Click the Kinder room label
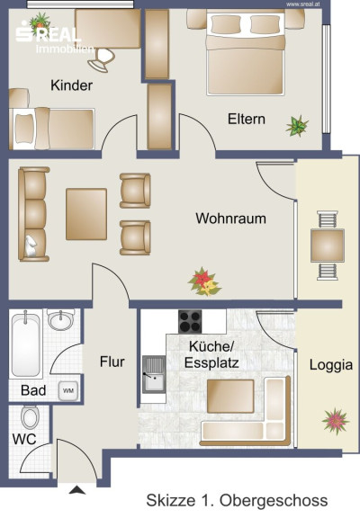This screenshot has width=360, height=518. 71,85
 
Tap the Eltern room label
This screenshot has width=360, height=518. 247,119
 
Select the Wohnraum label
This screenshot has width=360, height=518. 230,219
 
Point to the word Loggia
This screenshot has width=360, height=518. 331,366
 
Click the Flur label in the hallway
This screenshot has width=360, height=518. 112,362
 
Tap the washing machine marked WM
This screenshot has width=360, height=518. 68,391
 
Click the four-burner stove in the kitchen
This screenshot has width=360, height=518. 190,321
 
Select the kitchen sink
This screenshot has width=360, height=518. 154,374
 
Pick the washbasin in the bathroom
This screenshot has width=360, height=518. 60,320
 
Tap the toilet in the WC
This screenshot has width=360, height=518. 30,417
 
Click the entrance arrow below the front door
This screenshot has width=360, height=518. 77,490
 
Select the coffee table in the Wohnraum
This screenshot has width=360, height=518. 86,214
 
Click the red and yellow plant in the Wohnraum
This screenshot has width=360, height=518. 204,281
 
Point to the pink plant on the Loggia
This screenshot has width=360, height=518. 336,422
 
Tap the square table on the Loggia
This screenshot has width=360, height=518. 328,246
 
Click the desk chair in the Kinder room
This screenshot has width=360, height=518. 102,59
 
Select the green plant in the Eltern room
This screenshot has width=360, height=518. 297,126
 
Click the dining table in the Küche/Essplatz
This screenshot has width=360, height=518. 230,396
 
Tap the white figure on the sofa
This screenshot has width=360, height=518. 31,246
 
